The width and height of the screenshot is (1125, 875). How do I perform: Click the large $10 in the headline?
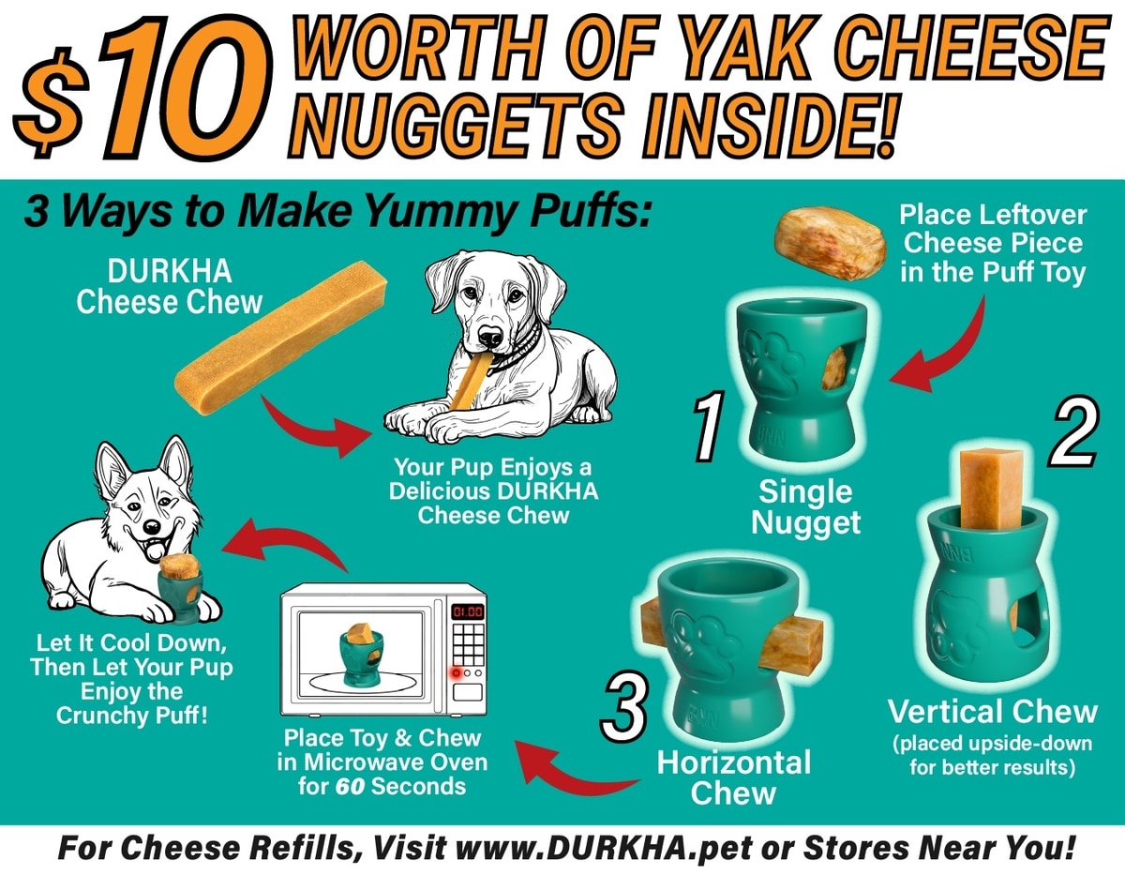tap(142, 87)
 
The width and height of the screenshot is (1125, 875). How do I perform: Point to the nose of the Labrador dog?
tap(489, 337)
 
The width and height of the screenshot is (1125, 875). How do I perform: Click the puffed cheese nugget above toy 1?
tap(830, 243)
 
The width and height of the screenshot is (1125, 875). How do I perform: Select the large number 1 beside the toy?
tap(709, 426)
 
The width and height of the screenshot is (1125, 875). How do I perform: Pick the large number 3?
tap(623, 707)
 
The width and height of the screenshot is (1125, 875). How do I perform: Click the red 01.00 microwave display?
tap(468, 612)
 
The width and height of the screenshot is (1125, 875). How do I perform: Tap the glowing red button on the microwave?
tap(457, 673)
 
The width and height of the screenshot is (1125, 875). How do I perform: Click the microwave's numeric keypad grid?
tap(468, 644)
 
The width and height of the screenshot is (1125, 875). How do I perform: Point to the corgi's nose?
tap(151, 527)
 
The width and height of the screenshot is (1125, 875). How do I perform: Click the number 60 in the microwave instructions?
tap(351, 787)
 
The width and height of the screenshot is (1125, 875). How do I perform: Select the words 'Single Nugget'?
tap(805, 506)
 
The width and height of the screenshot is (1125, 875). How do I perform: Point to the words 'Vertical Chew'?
tap(993, 712)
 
